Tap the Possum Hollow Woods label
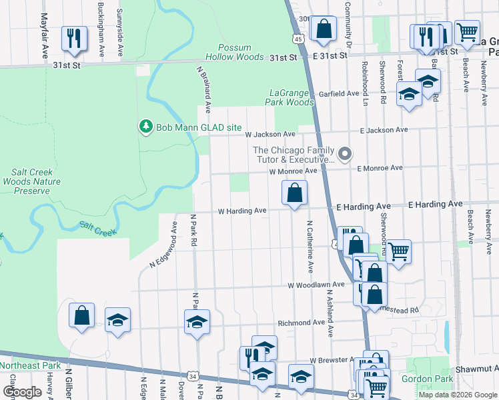(x=241, y=53)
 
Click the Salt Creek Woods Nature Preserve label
(x=27, y=181)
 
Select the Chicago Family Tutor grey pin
(x=344, y=154)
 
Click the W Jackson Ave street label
(x=270, y=134)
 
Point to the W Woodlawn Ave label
(x=316, y=285)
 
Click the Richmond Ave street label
(x=301, y=322)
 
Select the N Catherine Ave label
(x=310, y=247)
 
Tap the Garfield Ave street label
(x=338, y=94)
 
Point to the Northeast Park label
(x=30, y=365)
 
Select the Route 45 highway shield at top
(x=298, y=39)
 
